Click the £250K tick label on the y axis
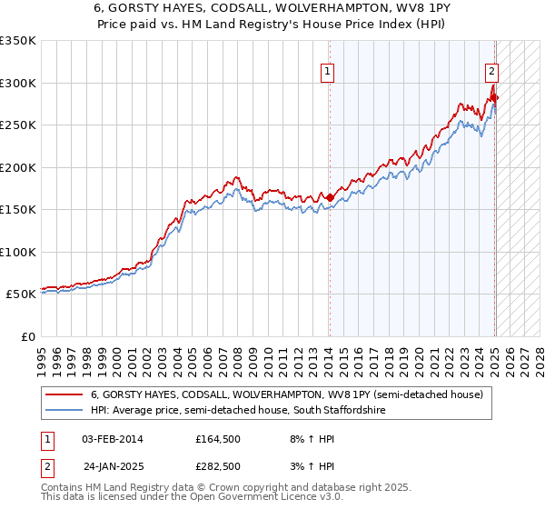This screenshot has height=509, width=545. (x=18, y=125)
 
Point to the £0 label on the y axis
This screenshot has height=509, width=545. (x=29, y=336)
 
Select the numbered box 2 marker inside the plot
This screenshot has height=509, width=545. (x=490, y=72)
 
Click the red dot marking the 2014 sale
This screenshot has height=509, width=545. (x=330, y=197)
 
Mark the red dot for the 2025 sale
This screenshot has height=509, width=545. (x=495, y=97)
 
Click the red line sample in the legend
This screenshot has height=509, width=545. (x=64, y=395)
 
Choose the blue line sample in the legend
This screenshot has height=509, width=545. (x=64, y=411)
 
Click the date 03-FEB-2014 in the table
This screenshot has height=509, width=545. (x=112, y=440)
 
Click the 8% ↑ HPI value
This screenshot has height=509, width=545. (x=303, y=440)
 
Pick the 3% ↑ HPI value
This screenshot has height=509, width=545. (x=303, y=466)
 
